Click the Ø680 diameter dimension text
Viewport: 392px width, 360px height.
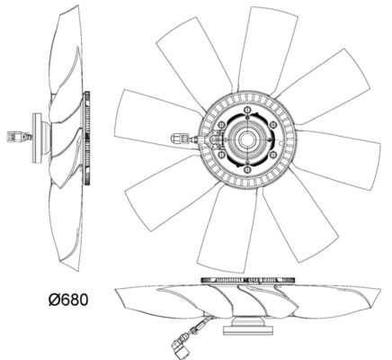tap(68, 300)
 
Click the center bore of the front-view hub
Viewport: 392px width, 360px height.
tap(247, 139)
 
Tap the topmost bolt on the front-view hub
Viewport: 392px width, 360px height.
tap(247, 111)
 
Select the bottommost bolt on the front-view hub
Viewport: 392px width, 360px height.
tap(247, 170)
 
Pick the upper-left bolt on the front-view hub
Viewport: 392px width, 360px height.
tap(222, 124)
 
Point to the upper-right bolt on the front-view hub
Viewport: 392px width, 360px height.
tap(272, 124)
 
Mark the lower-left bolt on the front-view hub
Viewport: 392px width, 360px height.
tap(222, 155)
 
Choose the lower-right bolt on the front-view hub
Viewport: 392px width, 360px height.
tap(272, 155)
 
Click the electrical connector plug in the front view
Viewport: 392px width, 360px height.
tap(179, 139)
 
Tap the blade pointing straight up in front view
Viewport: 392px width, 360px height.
tap(266, 49)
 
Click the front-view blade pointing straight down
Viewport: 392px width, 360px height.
tap(227, 229)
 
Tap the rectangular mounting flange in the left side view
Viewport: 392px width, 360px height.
tap(37, 139)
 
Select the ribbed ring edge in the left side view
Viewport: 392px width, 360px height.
tap(87, 139)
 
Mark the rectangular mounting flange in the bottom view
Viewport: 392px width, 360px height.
tap(248, 330)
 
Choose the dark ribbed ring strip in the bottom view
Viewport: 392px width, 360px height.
tap(248, 280)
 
